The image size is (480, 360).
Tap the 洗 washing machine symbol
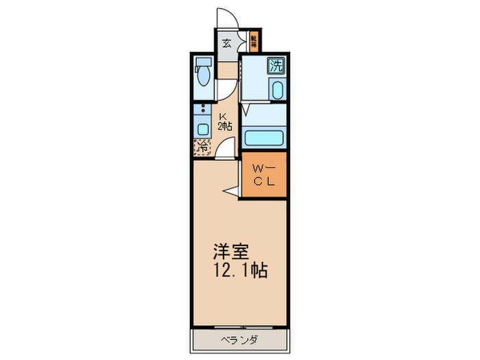(x=276, y=66)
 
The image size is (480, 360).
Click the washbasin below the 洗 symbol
(x=276, y=91)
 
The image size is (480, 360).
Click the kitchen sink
(x=203, y=128)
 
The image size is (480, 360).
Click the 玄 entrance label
(x=227, y=44)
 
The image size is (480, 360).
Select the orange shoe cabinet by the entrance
(x=253, y=43)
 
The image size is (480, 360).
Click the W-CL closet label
(x=263, y=176)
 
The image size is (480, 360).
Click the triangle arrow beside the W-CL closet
(x=232, y=191)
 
